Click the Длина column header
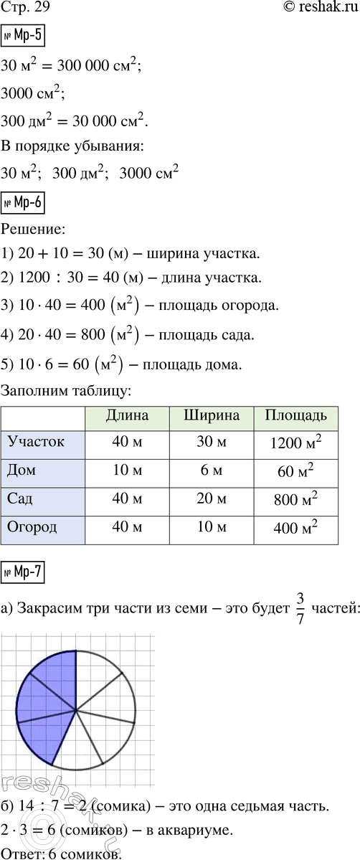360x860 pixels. click(126, 415)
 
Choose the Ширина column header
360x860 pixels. click(212, 415)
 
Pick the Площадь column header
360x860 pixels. click(296, 415)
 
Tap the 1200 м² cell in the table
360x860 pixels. click(296, 443)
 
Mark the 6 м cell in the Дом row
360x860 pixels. click(212, 471)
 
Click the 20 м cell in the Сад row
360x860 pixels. click(212, 500)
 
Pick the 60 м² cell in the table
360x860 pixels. click(296, 471)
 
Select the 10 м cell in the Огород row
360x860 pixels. click(212, 529)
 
